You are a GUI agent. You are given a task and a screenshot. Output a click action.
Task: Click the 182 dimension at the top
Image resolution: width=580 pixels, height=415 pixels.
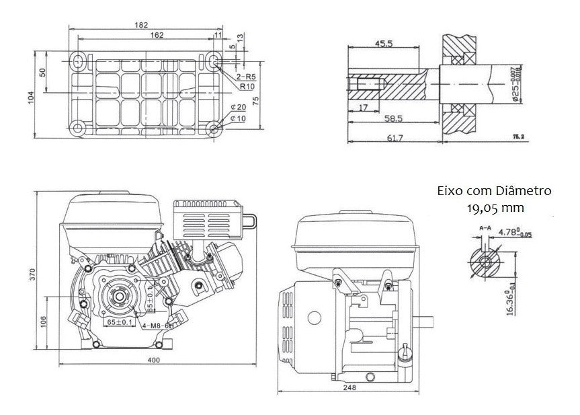(x=141, y=25)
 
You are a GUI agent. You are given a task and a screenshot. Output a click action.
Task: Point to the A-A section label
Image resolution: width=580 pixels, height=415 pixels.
(x=485, y=229)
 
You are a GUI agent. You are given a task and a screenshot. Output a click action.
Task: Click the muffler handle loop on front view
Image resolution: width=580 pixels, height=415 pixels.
(x=251, y=221)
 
